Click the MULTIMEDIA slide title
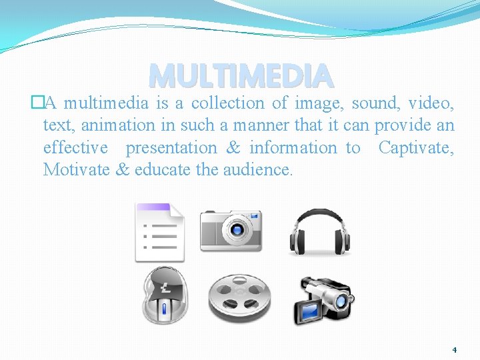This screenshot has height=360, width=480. coord(241,76)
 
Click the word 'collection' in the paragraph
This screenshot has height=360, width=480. coord(228,103)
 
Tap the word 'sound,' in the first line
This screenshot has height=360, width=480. coord(376,103)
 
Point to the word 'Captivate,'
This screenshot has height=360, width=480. coord(416,147)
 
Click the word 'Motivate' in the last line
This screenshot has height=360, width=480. coord(76,169)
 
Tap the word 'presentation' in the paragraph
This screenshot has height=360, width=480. coord(171,147)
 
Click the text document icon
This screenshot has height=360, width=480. coord(159,231)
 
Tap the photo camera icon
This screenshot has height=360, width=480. coord(231,230)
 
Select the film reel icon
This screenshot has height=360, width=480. coord(239,297)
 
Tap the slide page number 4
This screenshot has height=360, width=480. coord(454,349)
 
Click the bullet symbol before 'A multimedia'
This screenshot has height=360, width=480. coord(37,103)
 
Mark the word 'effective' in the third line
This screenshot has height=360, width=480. coord(75,147)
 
